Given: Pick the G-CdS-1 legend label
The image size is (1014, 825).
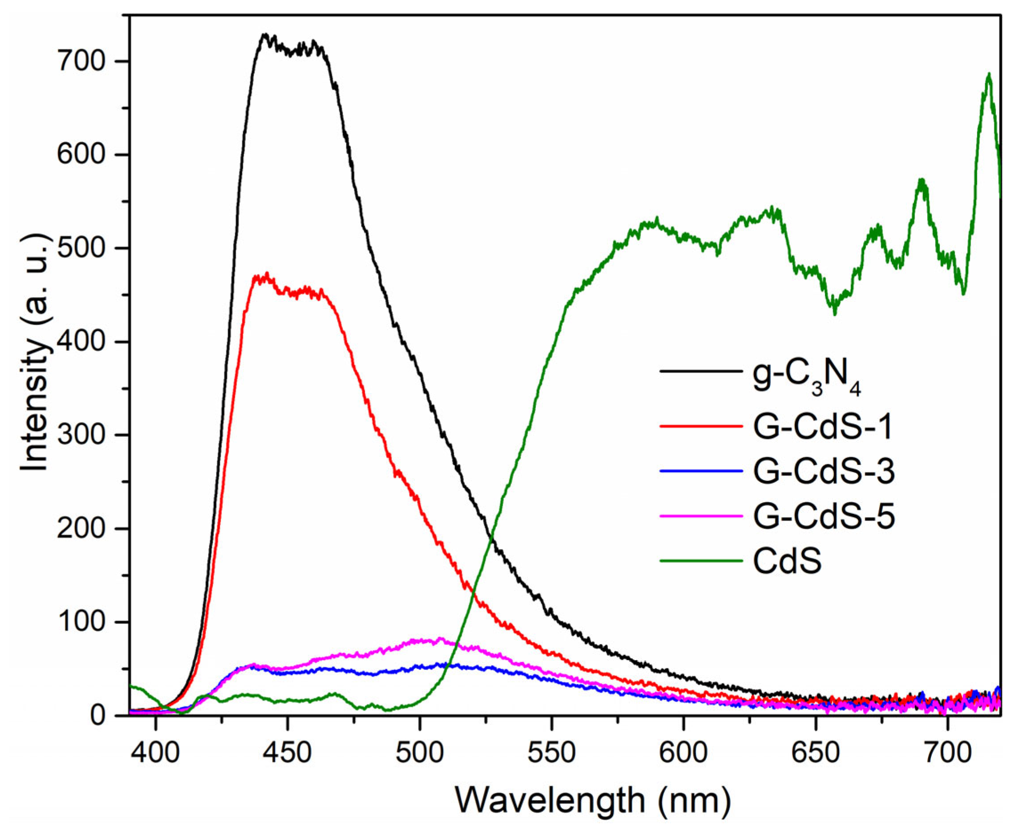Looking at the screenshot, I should pos(823,426).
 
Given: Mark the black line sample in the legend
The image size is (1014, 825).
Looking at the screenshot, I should pos(701,371).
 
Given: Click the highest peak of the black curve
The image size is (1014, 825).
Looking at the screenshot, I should pos(265,35).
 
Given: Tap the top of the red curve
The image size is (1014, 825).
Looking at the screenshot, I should pos(267,274).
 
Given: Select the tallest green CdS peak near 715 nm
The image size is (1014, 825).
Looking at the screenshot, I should pos(989,75).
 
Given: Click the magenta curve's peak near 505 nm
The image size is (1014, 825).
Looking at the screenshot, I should pos(440,639).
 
